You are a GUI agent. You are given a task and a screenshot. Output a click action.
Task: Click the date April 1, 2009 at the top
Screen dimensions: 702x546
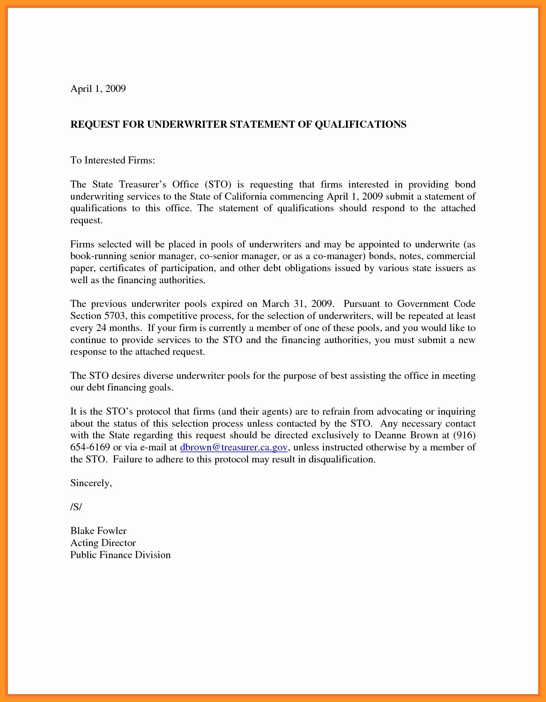pos(98,89)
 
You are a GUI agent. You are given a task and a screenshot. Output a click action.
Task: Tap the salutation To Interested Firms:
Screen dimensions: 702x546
pos(112,160)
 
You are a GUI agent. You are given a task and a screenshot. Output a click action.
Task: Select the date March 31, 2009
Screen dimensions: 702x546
pos(298,304)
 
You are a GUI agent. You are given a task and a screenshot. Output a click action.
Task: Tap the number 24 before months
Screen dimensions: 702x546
pos(101,328)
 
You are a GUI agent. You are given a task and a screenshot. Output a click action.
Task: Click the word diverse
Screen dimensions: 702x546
pos(158,376)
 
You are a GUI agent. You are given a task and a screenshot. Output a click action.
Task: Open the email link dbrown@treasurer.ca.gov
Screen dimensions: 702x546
pos(234,447)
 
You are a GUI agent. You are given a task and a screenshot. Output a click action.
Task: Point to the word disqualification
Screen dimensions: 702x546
pos(341,460)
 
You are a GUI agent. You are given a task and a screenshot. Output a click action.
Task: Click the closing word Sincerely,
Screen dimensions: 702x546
pos(91,483)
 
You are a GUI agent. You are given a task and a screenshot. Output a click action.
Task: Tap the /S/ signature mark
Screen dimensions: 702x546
pos(76,507)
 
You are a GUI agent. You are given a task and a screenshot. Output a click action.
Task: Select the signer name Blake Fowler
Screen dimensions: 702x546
pos(98,531)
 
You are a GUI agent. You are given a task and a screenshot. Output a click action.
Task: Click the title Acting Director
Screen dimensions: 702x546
pos(103,543)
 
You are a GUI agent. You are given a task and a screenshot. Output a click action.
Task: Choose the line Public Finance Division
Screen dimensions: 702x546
pos(120,555)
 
